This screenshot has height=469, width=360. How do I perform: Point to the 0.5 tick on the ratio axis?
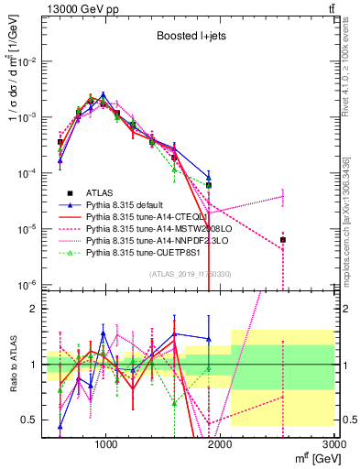pyautogui.click(x=30, y=420)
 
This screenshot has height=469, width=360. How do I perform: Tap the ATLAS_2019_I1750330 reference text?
pyautogui.click(x=190, y=274)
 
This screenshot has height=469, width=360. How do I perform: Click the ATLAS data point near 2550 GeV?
pyautogui.click(x=283, y=240)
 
